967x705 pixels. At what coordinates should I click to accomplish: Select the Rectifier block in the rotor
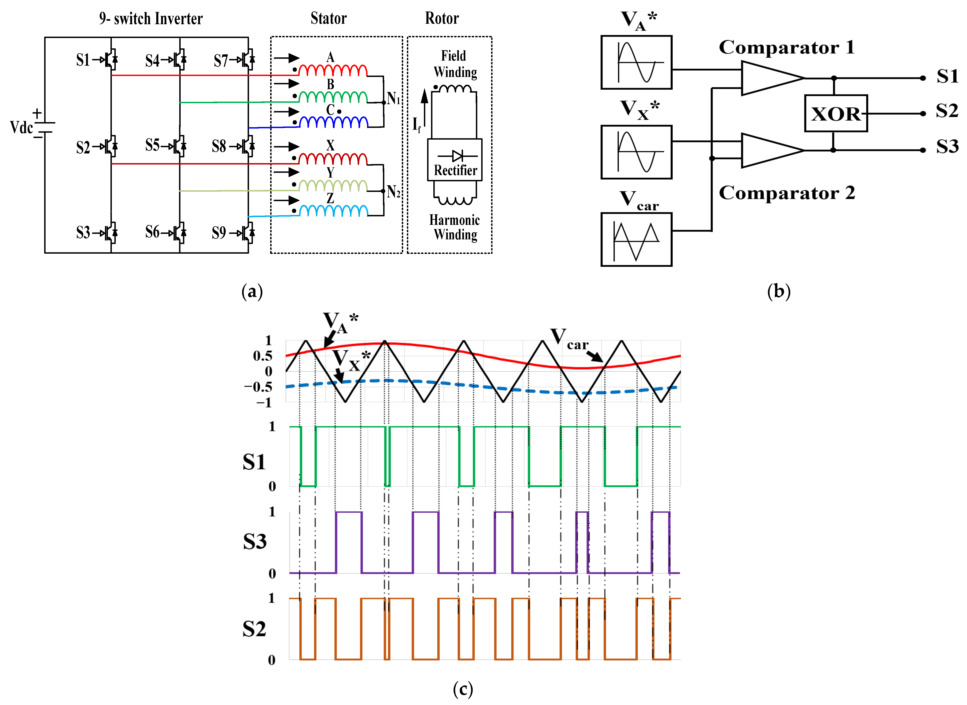[x=455, y=160]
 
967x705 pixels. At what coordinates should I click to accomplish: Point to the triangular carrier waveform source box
[x=636, y=239]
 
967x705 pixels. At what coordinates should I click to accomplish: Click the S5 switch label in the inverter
[x=152, y=145]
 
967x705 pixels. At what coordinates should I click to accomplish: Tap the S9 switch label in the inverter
[x=219, y=233]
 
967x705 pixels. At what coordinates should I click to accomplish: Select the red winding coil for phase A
[x=333, y=70]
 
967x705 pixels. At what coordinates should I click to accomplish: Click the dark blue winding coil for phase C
[x=333, y=123]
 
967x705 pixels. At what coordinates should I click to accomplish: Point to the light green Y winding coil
[x=333, y=186]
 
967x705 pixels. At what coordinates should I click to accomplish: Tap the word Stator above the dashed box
[x=328, y=18]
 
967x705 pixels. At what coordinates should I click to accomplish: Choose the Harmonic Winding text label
[x=455, y=227]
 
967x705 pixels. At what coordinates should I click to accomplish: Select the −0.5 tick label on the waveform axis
[x=258, y=387]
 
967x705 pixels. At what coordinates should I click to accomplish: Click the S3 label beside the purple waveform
[x=255, y=542]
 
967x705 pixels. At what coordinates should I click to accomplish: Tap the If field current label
[x=417, y=125]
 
